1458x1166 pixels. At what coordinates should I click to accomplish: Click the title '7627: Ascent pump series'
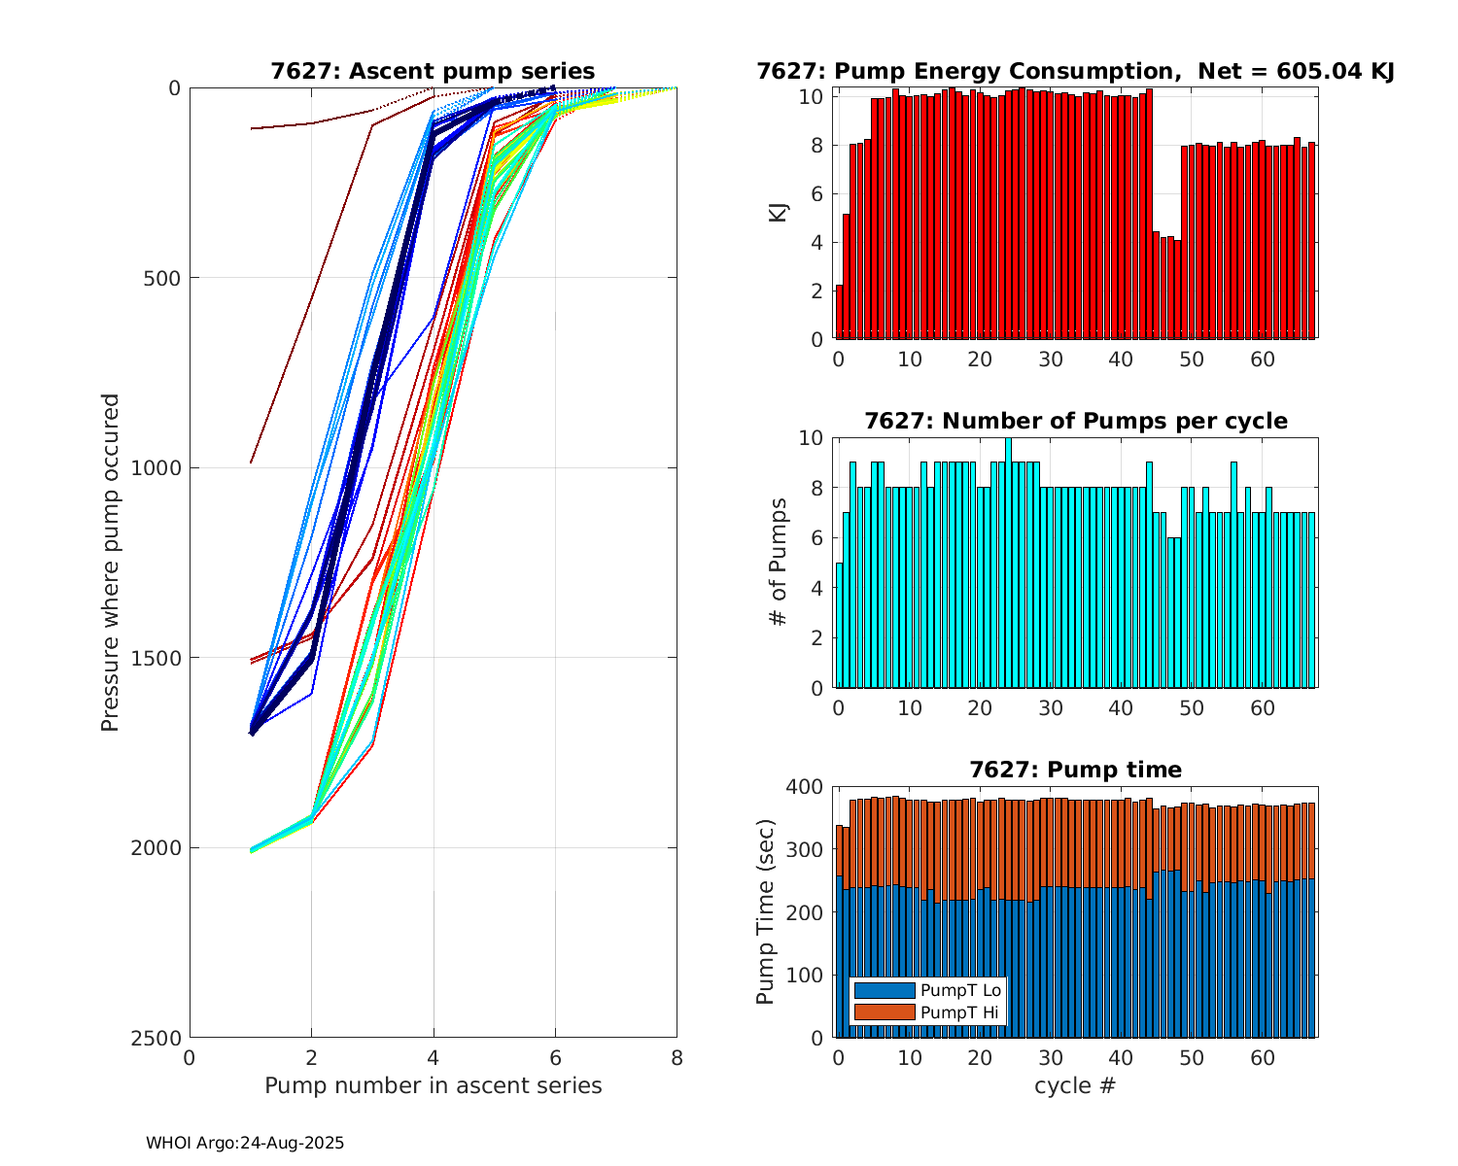433,71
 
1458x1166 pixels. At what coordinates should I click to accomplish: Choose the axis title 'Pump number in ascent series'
433,1085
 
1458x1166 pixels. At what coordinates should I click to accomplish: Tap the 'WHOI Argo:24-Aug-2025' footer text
245,1144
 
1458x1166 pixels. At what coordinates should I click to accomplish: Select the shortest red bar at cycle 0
839,312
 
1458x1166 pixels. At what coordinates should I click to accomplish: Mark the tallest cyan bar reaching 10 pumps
1008,564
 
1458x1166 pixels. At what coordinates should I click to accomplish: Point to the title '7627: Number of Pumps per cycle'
1076,421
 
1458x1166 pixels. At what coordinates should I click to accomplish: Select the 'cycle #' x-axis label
1075,1085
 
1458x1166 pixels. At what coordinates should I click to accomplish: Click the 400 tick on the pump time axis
809,786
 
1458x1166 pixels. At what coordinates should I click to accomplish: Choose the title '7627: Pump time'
1075,770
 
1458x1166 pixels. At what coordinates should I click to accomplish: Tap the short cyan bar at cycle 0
839,626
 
